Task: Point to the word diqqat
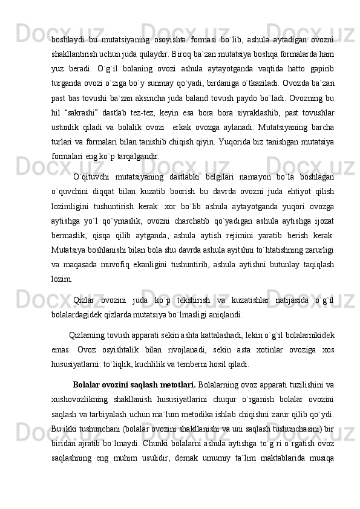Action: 104,210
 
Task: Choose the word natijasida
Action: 284,319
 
